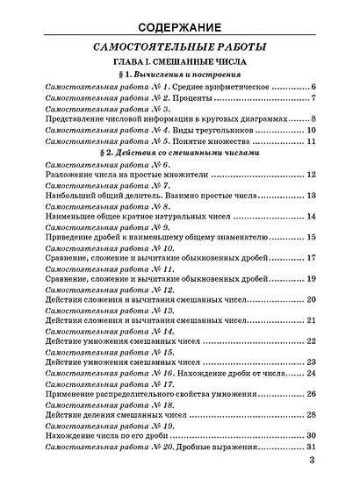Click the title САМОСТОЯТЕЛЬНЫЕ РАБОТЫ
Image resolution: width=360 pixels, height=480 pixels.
pyautogui.click(x=180, y=47)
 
